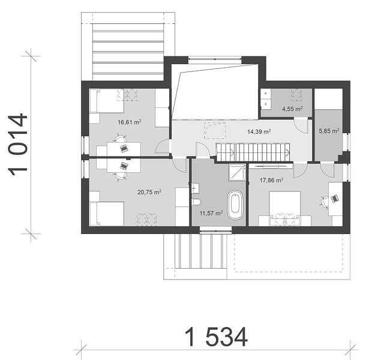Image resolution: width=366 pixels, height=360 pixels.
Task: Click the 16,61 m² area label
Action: (130, 122)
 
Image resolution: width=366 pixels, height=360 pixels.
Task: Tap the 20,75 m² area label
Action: (149, 192)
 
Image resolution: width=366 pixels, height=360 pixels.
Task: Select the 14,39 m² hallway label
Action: (259, 131)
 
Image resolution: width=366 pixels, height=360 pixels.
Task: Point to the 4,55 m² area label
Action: (292, 109)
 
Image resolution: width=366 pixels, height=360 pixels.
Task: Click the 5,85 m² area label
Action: (329, 131)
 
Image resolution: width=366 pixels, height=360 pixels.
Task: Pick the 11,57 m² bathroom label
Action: (211, 213)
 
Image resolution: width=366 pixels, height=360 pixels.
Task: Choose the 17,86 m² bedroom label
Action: (271, 180)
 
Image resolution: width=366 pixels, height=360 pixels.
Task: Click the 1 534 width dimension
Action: (216, 337)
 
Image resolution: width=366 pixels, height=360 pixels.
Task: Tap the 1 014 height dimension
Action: (18, 145)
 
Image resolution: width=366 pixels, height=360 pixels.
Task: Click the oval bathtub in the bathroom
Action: (235, 205)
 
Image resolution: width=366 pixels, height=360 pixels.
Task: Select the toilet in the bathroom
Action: (196, 202)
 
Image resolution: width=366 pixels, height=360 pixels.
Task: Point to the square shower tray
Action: (237, 172)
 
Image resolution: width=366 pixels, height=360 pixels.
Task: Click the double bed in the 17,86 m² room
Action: (285, 208)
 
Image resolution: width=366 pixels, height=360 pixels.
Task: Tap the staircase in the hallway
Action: (253, 152)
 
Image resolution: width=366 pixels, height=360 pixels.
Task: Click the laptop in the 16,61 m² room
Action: (124, 148)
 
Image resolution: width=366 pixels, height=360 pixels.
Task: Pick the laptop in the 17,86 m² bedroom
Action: (334, 199)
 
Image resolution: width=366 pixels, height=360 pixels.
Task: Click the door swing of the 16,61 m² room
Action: (163, 147)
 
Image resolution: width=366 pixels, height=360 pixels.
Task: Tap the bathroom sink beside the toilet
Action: (195, 188)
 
